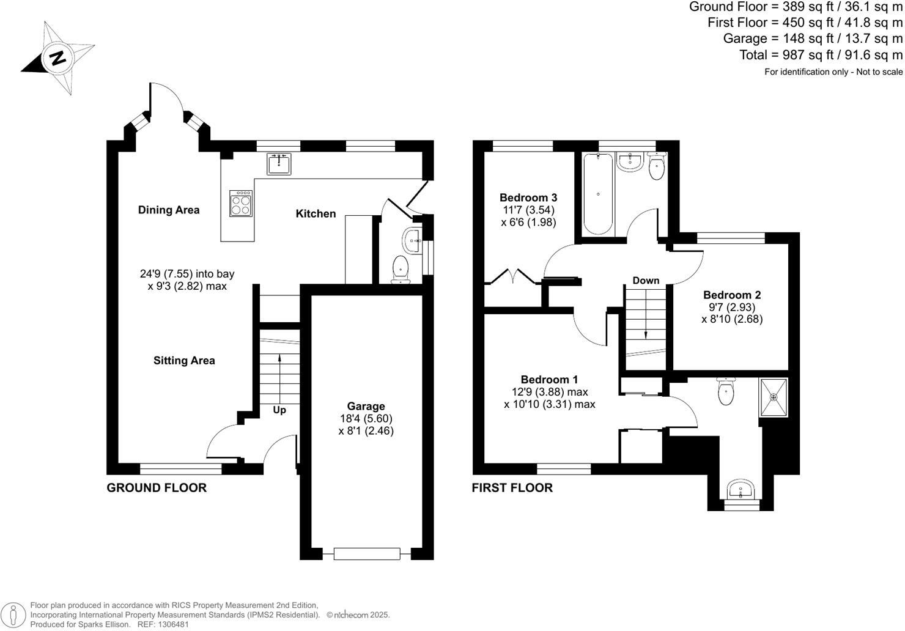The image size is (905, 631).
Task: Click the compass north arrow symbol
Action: click(58, 58)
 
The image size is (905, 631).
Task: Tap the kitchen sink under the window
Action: click(279, 163)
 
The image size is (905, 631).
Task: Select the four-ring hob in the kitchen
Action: click(242, 203)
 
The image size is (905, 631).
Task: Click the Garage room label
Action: click(366, 406)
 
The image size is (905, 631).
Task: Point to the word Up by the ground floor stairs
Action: click(279, 410)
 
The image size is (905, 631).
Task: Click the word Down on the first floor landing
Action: click(646, 281)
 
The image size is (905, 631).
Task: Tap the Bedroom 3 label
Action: click(528, 197)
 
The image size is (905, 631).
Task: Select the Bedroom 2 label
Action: click(732, 295)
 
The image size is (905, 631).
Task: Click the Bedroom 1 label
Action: click(549, 380)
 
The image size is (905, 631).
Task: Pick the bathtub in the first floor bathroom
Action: click(597, 194)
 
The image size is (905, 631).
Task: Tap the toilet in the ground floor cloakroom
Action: click(401, 269)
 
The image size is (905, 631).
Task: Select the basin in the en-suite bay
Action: click(741, 490)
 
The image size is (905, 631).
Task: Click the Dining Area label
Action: click(169, 210)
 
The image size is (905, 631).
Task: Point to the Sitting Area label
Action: click(184, 361)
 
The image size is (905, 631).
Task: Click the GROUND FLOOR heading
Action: click(157, 487)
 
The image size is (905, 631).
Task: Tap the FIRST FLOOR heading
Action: click(512, 487)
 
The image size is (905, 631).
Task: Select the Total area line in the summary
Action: click(821, 55)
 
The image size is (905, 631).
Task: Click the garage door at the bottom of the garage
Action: click(366, 554)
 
